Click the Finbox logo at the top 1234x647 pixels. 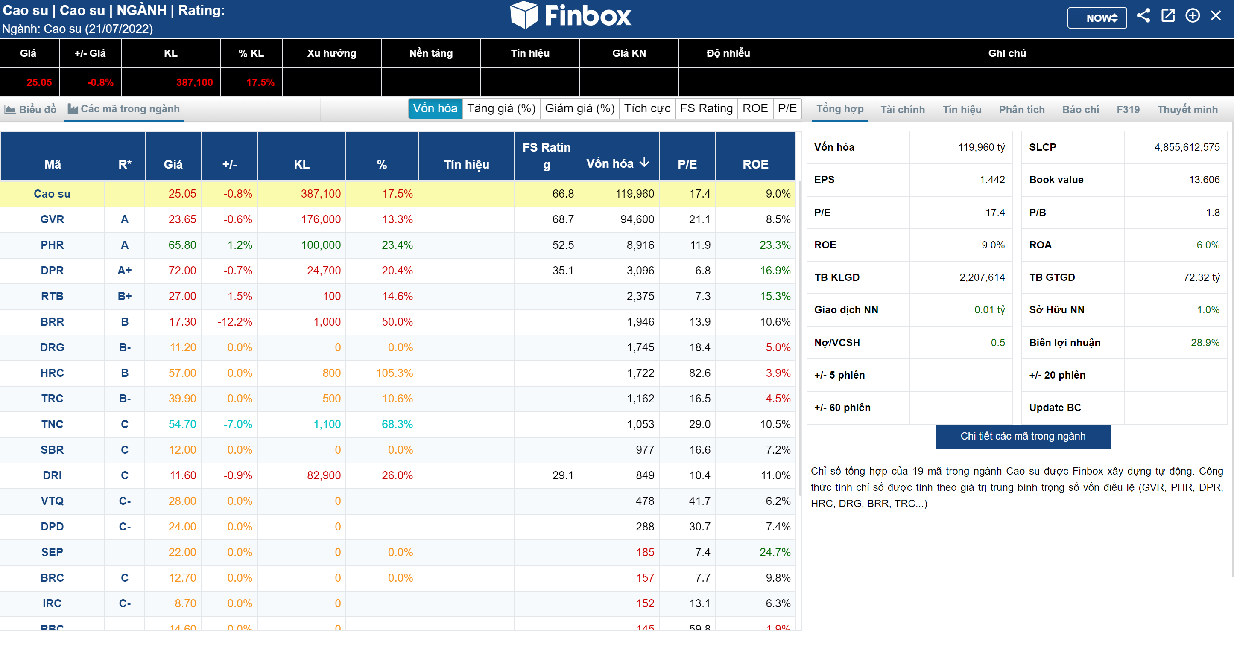tap(570, 15)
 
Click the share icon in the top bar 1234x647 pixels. tap(1143, 16)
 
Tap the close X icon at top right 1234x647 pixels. tap(1216, 16)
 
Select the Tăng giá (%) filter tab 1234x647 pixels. tap(501, 108)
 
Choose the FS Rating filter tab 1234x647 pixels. tap(706, 108)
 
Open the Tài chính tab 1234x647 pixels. tap(903, 109)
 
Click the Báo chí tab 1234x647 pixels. tap(1081, 109)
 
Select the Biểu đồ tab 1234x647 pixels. tap(31, 109)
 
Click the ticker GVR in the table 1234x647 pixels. tap(52, 219)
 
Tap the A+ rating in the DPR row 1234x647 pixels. tap(125, 271)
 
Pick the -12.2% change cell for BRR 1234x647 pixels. tap(235, 322)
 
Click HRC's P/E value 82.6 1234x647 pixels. tap(699, 373)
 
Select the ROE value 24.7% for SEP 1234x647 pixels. tap(775, 552)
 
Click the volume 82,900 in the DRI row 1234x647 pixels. tap(324, 475)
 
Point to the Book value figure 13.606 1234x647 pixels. tap(1204, 180)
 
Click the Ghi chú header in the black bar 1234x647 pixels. tap(1006, 53)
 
